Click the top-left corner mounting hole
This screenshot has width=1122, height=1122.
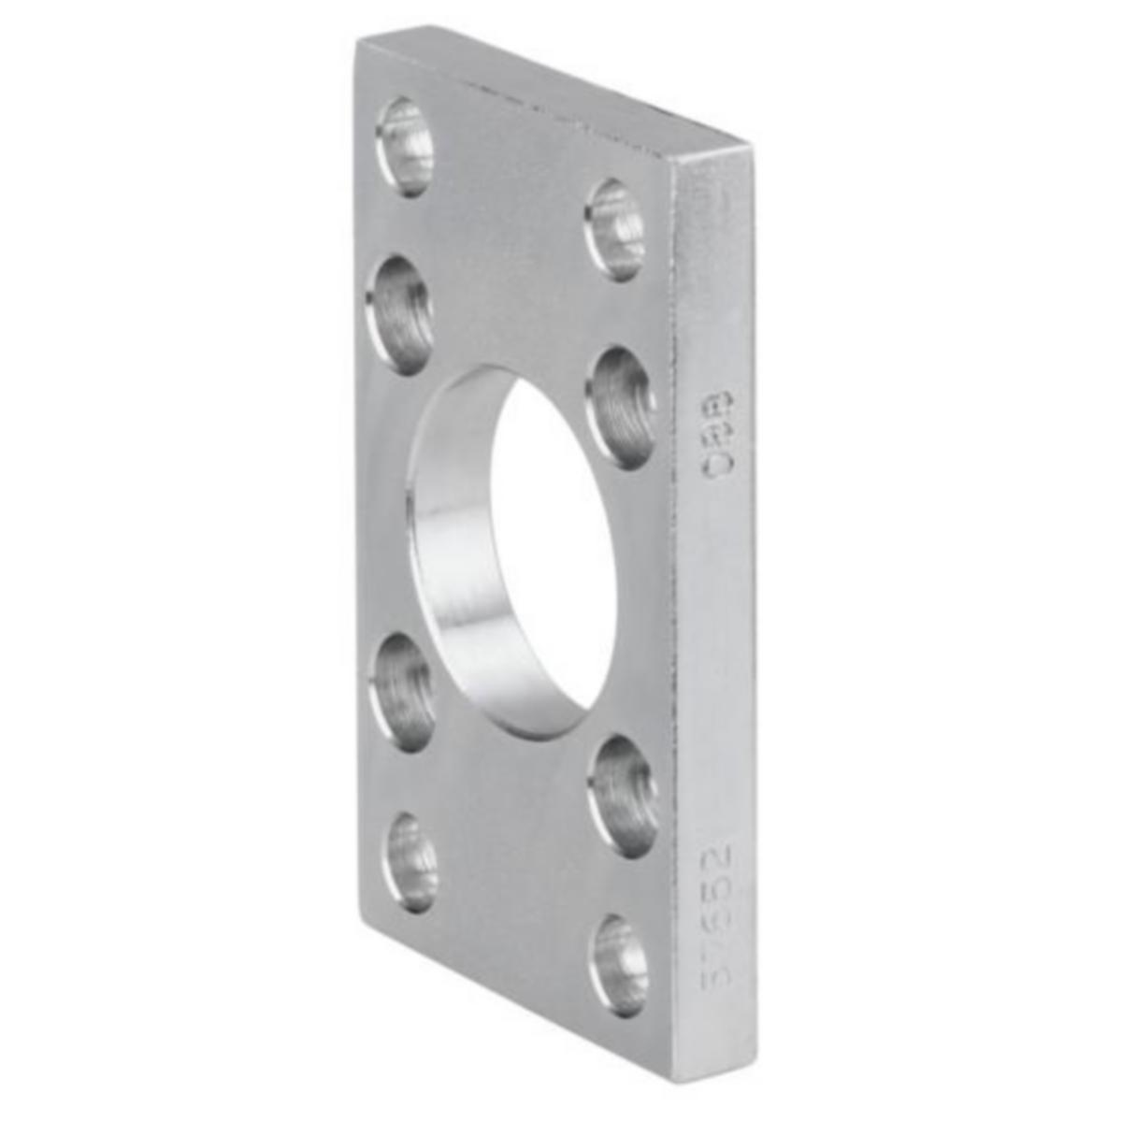(405, 147)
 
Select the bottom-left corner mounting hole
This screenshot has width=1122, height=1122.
(411, 862)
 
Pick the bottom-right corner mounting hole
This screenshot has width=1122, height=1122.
(619, 966)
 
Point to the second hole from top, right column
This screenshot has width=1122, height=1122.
(623, 407)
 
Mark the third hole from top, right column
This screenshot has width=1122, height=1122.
(623, 795)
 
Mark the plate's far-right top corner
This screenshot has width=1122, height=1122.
(750, 147)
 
